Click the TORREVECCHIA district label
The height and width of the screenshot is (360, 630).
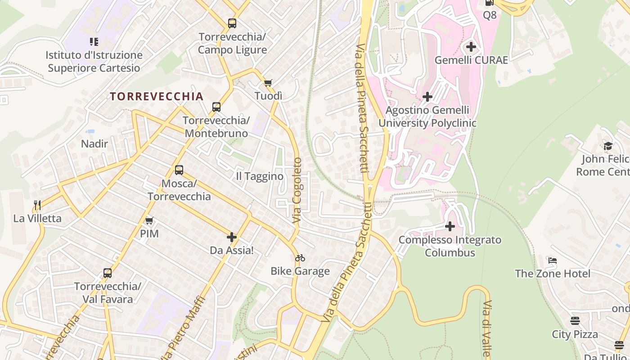tap(157, 96)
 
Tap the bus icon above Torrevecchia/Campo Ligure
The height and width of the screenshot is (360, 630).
tap(232, 23)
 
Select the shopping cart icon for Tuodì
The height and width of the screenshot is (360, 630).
tap(268, 83)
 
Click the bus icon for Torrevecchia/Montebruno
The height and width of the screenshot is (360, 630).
tap(216, 107)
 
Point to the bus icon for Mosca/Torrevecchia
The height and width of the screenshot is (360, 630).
tap(179, 170)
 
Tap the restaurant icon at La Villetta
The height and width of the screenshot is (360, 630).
tap(37, 205)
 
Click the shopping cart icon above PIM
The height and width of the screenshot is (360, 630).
tap(149, 220)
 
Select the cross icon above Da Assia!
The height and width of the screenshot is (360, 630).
tap(232, 237)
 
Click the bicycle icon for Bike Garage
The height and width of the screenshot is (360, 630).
tap(300, 258)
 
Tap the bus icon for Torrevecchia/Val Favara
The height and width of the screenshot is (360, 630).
tap(108, 273)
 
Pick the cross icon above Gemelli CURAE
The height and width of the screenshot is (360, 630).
tap(471, 47)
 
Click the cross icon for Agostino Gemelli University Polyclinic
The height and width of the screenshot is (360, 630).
tap(427, 97)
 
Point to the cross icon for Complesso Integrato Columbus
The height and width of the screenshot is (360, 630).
tap(450, 226)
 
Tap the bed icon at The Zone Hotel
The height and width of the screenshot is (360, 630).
tap(553, 260)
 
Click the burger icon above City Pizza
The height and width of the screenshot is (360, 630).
tap(575, 321)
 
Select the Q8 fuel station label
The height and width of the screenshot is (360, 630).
tap(490, 15)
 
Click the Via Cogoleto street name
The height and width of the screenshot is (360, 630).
tap(297, 190)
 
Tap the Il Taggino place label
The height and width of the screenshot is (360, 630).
tap(260, 176)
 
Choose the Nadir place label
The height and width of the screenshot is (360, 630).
tap(94, 144)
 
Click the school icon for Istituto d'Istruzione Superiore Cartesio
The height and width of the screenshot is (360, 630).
tap(94, 42)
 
